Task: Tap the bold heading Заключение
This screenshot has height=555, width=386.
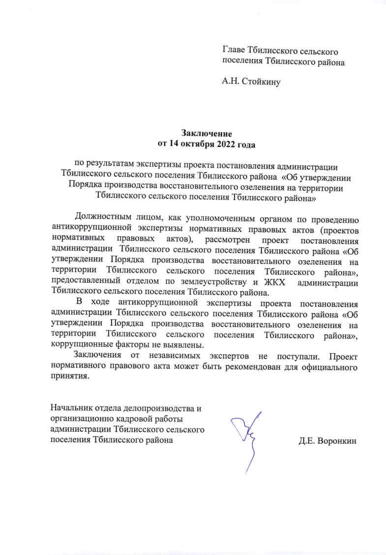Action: pyautogui.click(x=206, y=134)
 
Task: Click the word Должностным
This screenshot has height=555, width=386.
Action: pyautogui.click(x=104, y=217)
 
